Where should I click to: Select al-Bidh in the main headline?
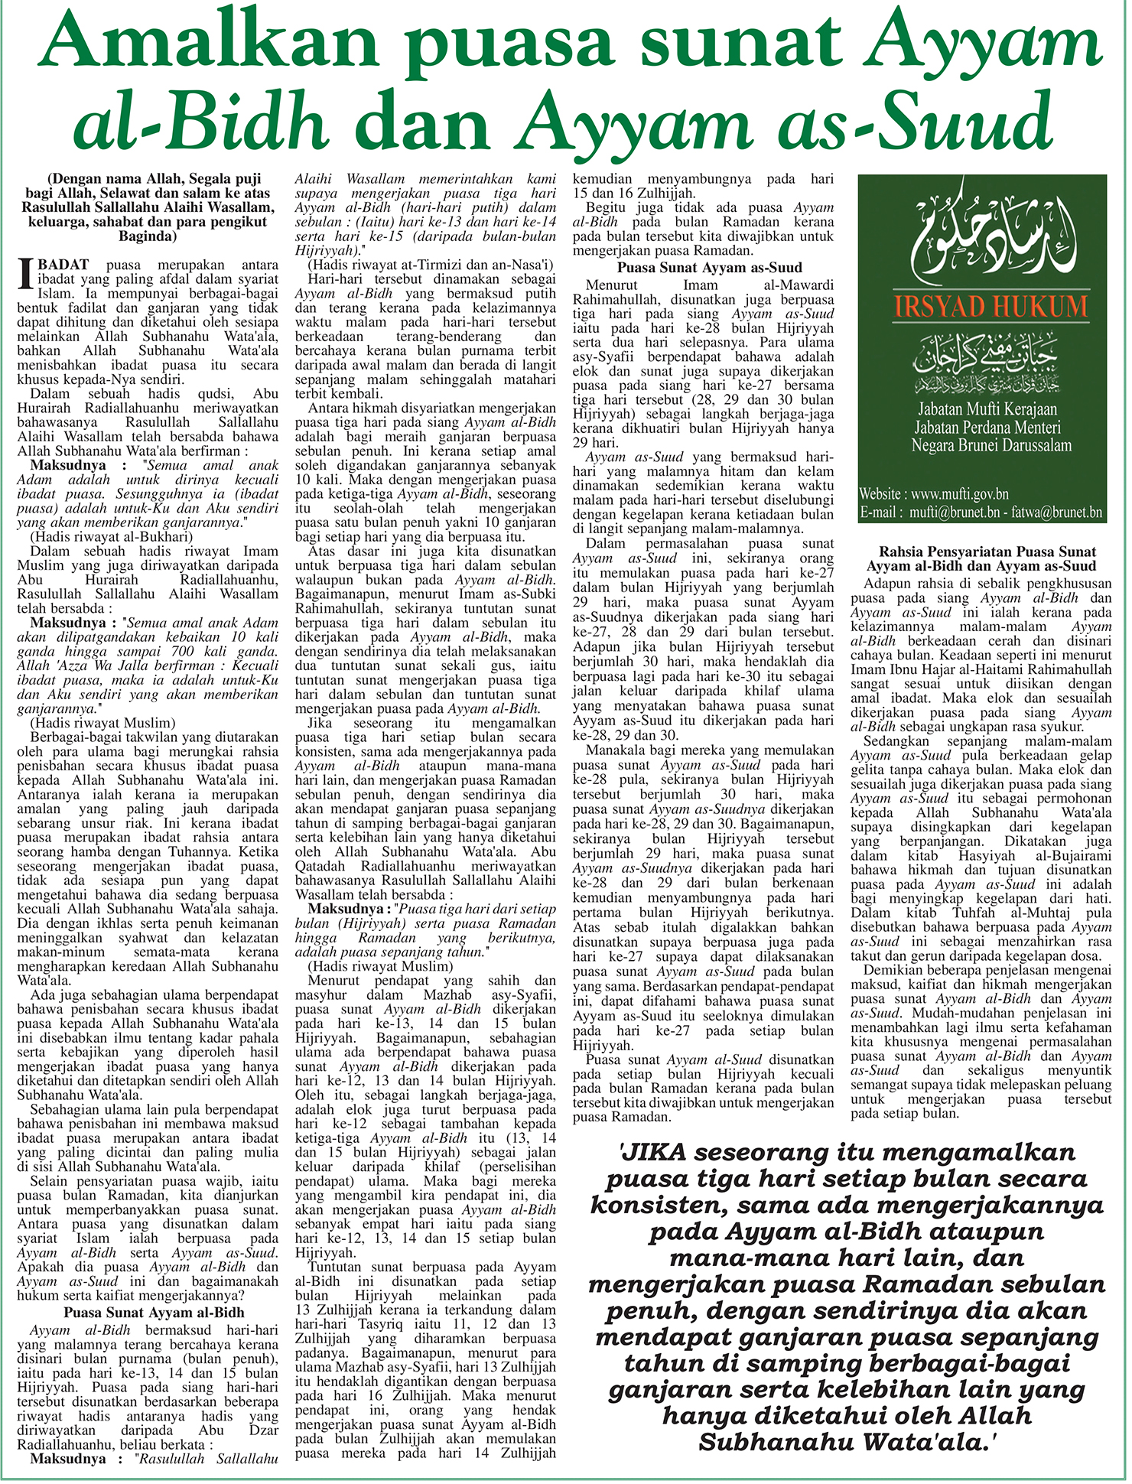tap(200, 122)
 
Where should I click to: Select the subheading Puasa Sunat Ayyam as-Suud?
tap(710, 268)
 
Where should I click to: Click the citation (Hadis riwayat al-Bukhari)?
tap(112, 537)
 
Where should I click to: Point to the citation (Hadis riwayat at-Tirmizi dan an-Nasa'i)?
tap(430, 265)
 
